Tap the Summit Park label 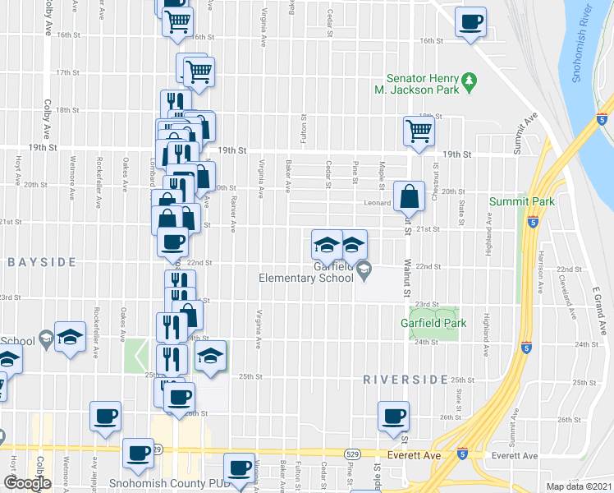coord(522,201)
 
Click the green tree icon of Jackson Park coord(470,81)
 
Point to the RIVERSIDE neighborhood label coord(405,380)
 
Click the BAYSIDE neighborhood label coord(42,262)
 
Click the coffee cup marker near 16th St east coord(470,22)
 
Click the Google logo coord(27,483)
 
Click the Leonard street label coord(378,204)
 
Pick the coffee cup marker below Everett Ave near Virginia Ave coord(240,468)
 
